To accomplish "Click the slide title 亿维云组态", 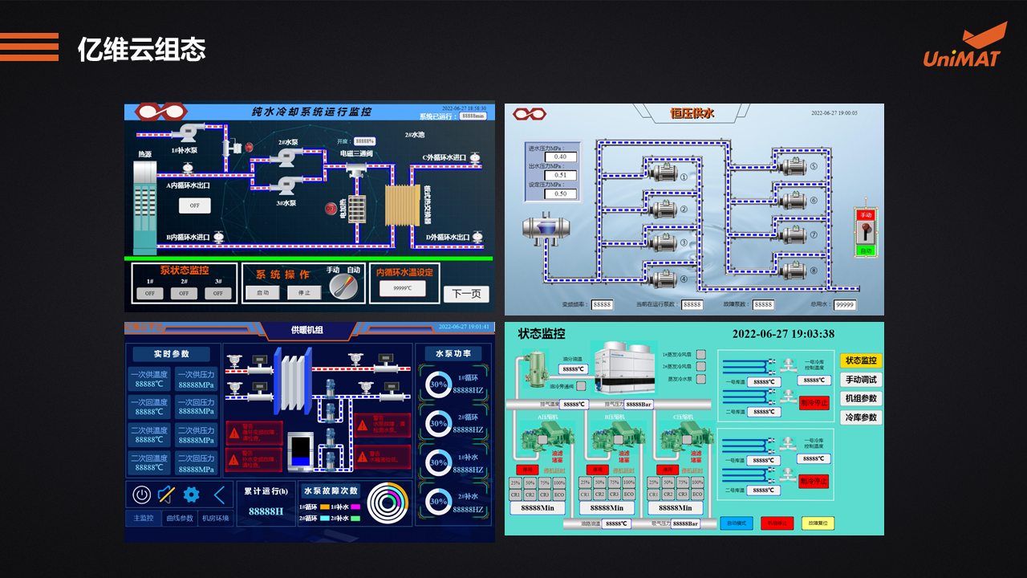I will (141, 50).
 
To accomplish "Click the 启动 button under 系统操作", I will (263, 293).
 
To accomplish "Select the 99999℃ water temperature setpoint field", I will (403, 288).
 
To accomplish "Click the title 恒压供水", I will (692, 113).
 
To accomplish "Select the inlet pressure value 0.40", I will (561, 157).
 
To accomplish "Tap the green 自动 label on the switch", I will (866, 250).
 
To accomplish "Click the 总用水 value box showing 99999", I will (845, 305).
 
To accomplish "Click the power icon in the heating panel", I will (142, 495).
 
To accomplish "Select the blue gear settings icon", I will (191, 495).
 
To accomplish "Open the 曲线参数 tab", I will (180, 519).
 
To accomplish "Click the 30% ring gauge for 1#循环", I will (438, 384).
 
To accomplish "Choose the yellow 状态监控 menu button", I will (861, 360).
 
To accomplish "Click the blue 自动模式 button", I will (736, 523).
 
